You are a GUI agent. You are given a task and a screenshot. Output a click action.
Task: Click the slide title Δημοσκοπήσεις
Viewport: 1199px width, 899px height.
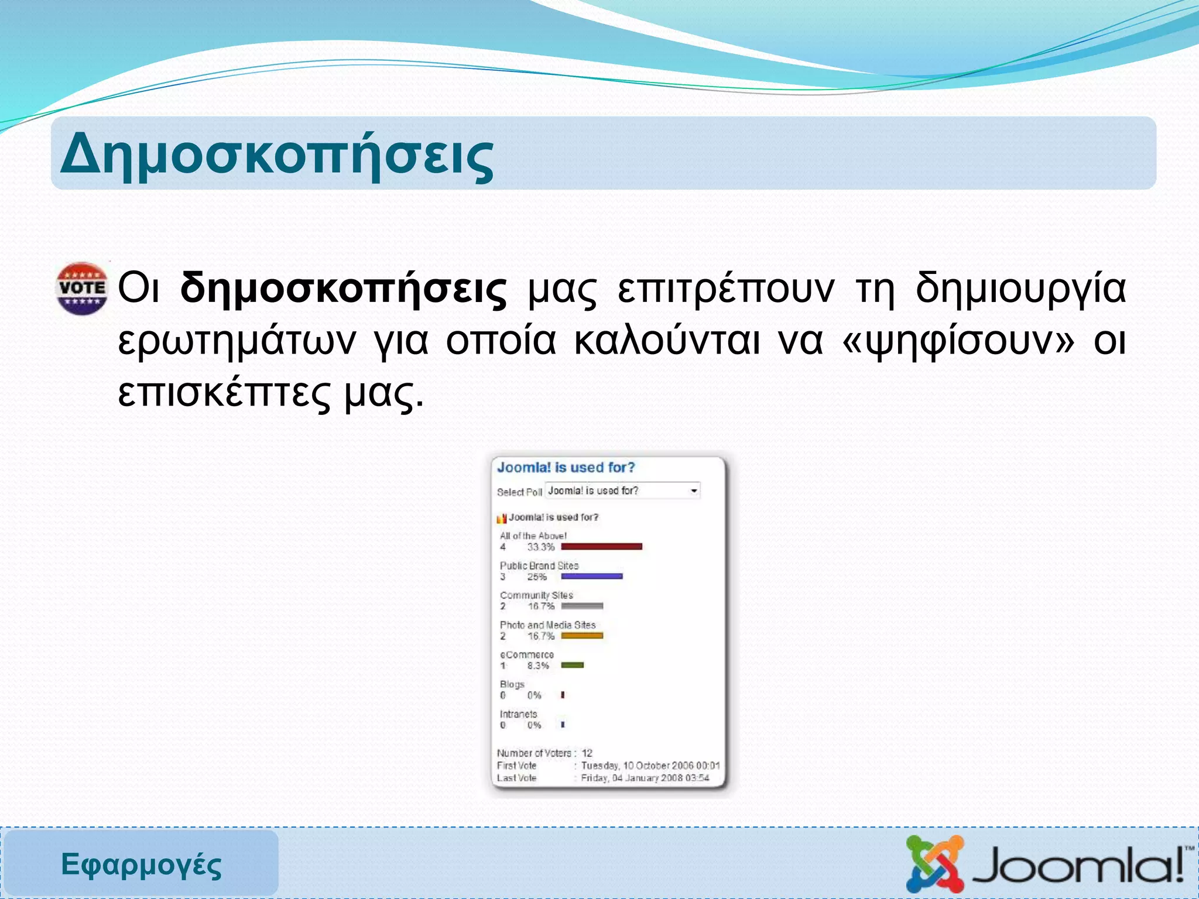click(277, 156)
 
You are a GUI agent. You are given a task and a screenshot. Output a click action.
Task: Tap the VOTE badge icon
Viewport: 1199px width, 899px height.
click(82, 288)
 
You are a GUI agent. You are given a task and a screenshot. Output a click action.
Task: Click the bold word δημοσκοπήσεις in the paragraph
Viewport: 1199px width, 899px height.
click(343, 289)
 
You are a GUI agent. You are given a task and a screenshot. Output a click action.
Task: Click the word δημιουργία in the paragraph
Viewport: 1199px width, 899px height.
click(1020, 289)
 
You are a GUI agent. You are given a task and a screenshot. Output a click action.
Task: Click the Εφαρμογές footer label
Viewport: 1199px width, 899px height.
click(141, 864)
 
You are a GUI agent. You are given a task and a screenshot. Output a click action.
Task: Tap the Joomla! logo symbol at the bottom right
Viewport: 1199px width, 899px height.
click(934, 864)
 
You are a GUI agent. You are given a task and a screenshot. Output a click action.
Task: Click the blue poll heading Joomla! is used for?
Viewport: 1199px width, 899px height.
click(566, 467)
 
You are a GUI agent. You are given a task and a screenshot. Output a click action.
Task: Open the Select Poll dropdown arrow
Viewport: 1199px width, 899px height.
click(694, 490)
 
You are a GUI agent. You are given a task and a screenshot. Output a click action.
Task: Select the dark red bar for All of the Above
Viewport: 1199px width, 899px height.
click(601, 547)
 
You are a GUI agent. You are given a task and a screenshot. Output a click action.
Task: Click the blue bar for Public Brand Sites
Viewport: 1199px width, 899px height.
click(591, 577)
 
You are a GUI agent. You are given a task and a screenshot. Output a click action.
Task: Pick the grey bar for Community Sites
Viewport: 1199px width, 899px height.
click(582, 606)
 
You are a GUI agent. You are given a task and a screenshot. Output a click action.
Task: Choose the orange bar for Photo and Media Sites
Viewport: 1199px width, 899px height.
click(582, 636)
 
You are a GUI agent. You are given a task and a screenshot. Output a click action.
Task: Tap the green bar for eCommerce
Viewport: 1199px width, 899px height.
click(572, 665)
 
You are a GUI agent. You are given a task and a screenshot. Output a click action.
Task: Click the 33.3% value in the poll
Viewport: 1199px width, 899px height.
click(540, 547)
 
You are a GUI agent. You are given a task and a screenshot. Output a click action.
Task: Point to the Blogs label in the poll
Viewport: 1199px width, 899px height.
click(512, 684)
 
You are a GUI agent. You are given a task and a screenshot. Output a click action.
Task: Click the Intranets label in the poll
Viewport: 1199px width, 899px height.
click(518, 714)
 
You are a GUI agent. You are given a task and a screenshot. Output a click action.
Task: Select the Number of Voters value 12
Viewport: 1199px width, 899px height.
click(587, 753)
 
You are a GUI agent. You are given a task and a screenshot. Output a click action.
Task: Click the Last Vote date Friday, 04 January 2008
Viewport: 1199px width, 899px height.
click(645, 778)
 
